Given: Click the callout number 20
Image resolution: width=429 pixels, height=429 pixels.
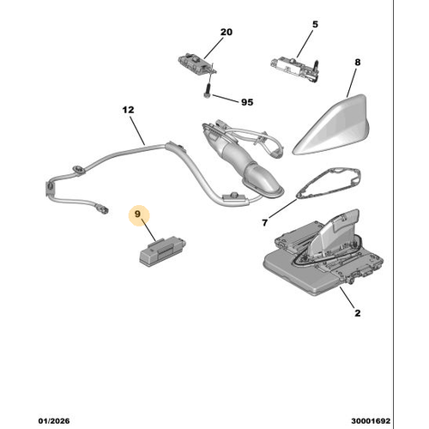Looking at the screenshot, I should [226, 32].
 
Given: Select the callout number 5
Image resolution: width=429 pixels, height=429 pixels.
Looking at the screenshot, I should [315, 24].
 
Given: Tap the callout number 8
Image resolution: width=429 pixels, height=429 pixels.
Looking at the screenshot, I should [358, 62].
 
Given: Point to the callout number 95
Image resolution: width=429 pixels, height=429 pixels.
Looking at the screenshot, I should [247, 102].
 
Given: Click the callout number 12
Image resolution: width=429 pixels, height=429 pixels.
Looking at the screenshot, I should [128, 110].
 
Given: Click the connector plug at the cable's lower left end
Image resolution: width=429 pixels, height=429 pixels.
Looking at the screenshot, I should [102, 207].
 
